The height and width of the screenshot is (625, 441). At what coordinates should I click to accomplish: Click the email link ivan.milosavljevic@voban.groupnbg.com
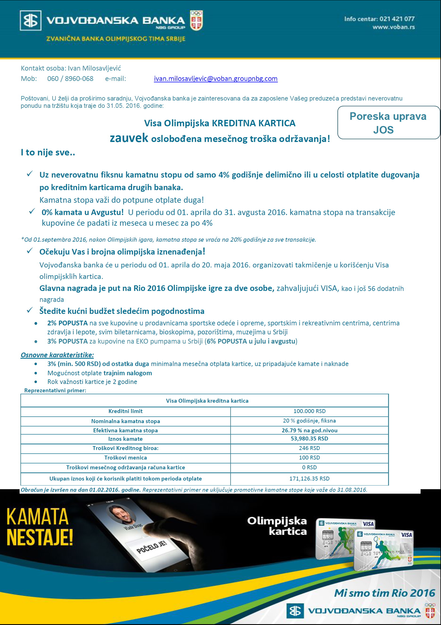coord(215,79)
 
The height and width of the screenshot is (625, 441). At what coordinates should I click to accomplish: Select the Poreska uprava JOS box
coord(388,123)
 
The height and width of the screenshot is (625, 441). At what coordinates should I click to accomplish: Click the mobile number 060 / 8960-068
coord(70,79)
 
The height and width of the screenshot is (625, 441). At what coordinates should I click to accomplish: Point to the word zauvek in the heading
coord(129,138)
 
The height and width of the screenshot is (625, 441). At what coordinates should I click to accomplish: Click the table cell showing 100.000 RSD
coord(309,411)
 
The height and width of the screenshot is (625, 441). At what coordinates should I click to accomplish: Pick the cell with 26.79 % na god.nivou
coord(309,430)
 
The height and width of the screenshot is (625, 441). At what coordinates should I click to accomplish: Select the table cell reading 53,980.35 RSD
coord(309,439)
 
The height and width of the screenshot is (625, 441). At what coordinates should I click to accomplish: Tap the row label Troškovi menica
coord(125,458)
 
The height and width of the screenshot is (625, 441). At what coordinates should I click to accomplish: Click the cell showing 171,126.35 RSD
coord(309,479)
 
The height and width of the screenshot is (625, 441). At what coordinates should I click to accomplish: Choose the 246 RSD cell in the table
coord(309,448)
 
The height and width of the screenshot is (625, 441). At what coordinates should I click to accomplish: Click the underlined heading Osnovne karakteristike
coord(57,355)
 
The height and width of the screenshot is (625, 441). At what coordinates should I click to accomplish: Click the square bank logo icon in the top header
coord(31,20)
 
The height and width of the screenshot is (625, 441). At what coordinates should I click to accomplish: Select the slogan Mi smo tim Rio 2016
coord(384,593)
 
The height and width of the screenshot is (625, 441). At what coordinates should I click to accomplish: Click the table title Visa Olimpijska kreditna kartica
coord(207,401)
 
